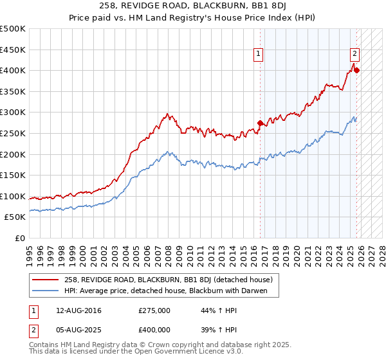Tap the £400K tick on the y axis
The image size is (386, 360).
14,71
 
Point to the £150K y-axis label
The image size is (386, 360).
14,175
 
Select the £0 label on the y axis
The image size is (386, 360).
21,238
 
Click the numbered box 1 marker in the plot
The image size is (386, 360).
258,54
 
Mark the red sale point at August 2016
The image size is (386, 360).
261,123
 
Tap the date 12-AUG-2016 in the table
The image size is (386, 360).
78,310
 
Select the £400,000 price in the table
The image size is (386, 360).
154,329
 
